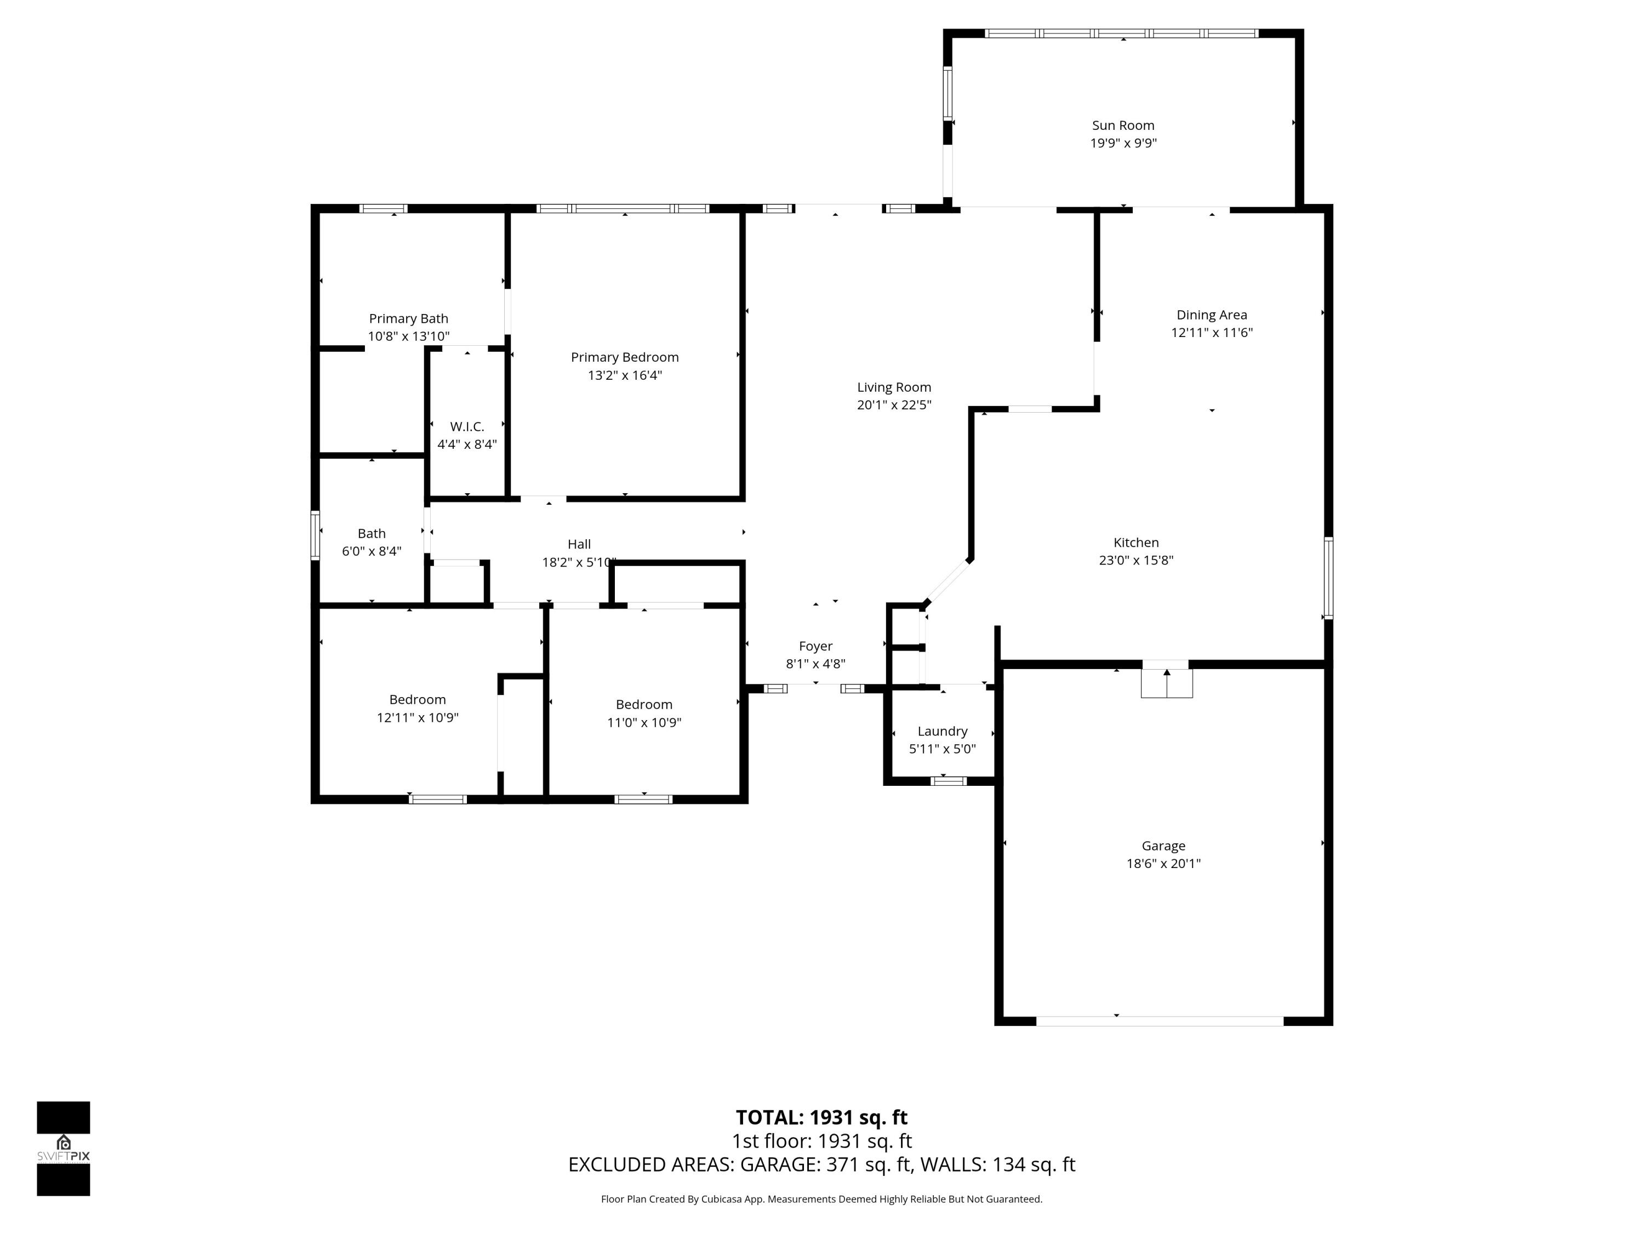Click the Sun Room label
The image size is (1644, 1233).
(1123, 125)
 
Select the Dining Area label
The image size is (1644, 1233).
(1212, 315)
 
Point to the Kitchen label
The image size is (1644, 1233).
(1135, 543)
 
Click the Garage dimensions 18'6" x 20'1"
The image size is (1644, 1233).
(1163, 864)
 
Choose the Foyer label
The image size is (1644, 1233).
(815, 647)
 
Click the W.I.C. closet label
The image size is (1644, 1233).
(467, 426)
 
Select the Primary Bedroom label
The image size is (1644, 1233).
(624, 357)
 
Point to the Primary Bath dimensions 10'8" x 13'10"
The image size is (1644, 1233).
(408, 336)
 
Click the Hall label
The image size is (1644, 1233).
(579, 544)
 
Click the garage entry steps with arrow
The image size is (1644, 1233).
(1166, 682)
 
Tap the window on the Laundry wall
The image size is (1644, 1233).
(949, 780)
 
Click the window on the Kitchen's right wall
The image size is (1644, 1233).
(1328, 578)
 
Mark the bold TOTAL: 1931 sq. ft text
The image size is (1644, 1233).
(821, 1117)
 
